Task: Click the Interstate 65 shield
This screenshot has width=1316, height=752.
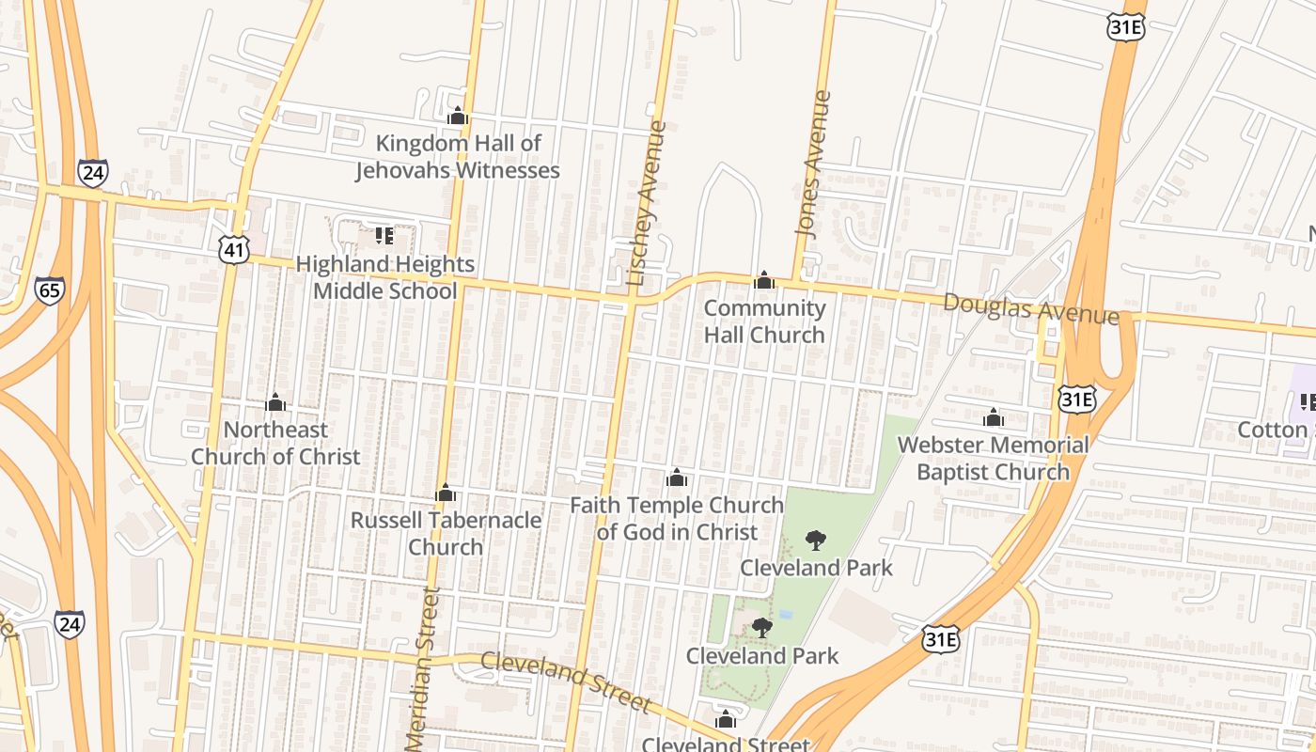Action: coord(50,290)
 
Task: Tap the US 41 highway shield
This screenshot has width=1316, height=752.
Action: coord(233,249)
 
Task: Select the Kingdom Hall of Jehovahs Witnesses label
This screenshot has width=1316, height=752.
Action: coord(458,157)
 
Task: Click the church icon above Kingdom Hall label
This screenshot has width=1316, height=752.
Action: coord(458,117)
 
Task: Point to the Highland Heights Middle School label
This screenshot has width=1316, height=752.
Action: coord(385,277)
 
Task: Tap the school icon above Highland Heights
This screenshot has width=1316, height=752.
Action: coord(384,235)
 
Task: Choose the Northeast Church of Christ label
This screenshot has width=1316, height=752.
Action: coord(275,443)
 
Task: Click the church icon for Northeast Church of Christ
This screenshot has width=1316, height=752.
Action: coord(275,403)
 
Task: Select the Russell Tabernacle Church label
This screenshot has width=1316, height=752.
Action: coord(446,533)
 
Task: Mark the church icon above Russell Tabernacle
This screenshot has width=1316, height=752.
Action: coord(446,493)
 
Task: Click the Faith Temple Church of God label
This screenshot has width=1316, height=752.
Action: coord(677,519)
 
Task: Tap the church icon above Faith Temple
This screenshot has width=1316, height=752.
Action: coord(676,478)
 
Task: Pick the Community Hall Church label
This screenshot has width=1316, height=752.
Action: coord(764,321)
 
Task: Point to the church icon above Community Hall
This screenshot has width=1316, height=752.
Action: coord(764,280)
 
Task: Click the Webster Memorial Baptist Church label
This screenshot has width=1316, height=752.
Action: coord(994,458)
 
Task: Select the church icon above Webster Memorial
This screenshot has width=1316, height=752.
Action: coord(994,417)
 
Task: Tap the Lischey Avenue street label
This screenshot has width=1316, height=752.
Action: coord(646,203)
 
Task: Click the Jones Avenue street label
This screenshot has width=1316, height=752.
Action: coord(813,163)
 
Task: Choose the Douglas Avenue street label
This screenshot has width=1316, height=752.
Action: coord(1031,309)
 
